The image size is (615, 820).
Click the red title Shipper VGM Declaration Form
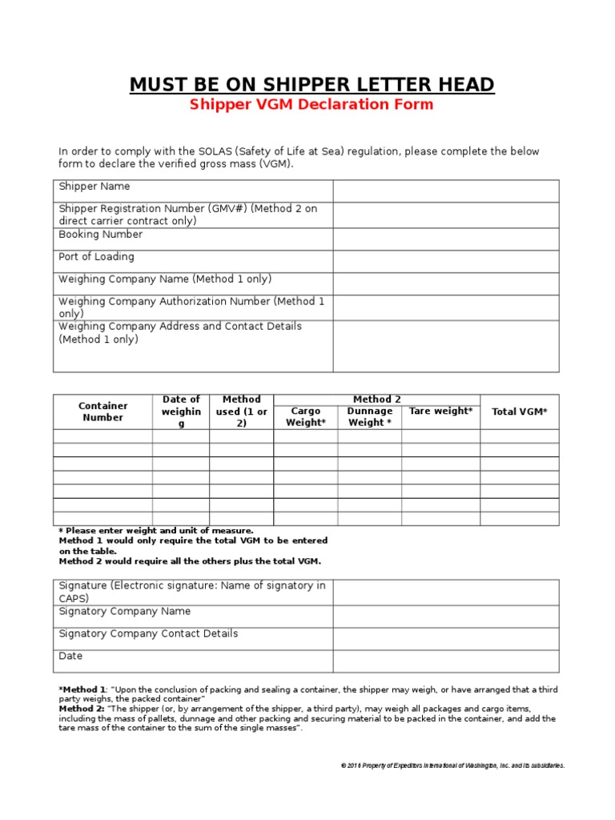(312, 105)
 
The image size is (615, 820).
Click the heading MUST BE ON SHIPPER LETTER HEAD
(312, 84)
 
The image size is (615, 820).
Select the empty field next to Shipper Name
(446, 191)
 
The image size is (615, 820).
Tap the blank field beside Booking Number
(446, 239)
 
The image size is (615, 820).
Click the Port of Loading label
(96, 257)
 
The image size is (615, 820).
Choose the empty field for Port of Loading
(446, 261)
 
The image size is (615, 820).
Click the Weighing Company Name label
(165, 279)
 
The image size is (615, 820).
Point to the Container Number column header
(102, 412)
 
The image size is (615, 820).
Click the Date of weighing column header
(181, 412)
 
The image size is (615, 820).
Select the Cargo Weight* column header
(305, 417)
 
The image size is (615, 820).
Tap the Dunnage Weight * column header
(369, 417)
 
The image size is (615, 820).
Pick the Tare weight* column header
(440, 412)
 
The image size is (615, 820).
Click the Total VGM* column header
(520, 412)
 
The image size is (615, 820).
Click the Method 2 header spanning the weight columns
(376, 400)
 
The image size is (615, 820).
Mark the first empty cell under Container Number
(102, 436)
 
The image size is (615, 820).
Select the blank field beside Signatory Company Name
(446, 616)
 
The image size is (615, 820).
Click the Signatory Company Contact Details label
(148, 633)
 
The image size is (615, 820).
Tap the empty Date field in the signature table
(446, 661)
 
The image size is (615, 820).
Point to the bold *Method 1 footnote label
(82, 689)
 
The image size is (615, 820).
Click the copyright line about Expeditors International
(452, 766)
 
